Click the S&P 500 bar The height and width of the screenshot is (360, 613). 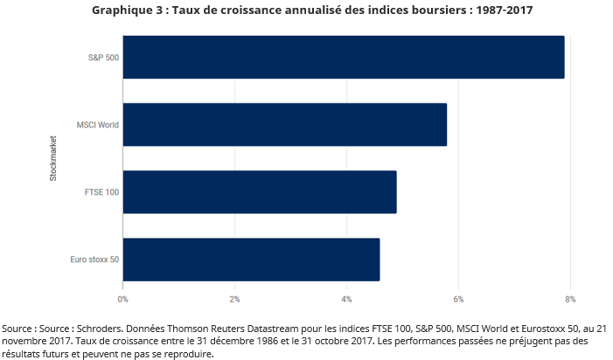coord(343,57)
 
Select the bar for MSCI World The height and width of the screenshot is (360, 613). coord(284,124)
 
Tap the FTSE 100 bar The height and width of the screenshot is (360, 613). coord(259,191)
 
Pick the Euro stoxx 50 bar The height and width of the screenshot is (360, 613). coord(251,260)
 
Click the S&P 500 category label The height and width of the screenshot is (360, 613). coord(103,57)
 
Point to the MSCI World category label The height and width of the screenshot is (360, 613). coord(97,124)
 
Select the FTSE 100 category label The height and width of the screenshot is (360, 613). coord(103,191)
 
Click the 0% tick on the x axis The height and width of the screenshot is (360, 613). coord(123,299)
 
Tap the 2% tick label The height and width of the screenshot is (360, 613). coord(234,299)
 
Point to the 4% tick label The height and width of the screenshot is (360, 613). coord(346,299)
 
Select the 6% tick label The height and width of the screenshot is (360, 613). coord(458,299)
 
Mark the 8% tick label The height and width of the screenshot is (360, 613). coord(570,299)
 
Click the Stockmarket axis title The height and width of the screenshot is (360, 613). coord(53,158)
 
